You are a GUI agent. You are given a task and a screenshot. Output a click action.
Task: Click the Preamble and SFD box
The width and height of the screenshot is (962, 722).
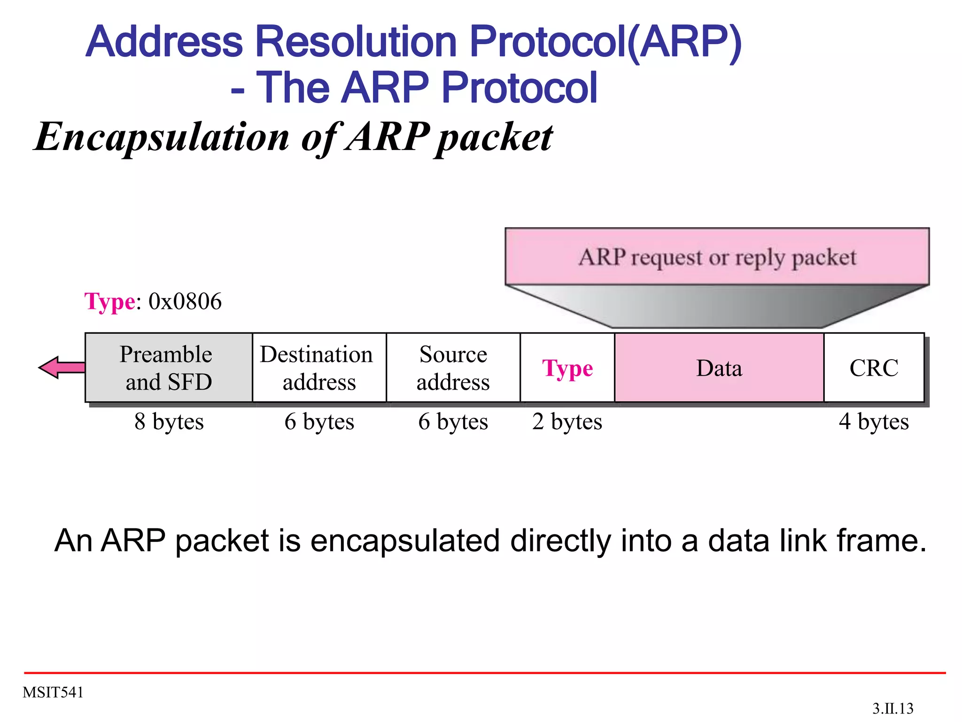[x=168, y=368]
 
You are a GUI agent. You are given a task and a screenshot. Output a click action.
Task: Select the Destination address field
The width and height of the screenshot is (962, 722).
[x=319, y=368]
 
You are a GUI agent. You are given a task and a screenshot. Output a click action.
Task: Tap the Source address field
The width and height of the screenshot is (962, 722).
[x=453, y=368]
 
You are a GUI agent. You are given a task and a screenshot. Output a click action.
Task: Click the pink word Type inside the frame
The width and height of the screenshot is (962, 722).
[x=567, y=369]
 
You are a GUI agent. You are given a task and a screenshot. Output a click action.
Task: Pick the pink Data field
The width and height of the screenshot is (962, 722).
[x=719, y=368]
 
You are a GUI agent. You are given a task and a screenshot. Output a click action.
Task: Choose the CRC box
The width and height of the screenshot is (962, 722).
[x=874, y=368]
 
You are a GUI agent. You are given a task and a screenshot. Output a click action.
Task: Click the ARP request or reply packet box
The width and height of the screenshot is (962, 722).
[x=717, y=257]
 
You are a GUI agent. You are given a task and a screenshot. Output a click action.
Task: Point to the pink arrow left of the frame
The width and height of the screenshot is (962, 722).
[x=61, y=367]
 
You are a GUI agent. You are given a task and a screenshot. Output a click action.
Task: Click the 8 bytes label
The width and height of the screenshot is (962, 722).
[x=169, y=421]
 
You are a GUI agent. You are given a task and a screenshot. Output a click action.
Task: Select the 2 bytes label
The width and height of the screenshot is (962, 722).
[x=567, y=421]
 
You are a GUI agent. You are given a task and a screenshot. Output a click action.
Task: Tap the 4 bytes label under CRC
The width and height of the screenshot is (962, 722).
[x=874, y=421]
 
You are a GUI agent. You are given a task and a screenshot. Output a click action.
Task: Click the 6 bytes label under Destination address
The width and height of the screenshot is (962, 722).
[x=319, y=421]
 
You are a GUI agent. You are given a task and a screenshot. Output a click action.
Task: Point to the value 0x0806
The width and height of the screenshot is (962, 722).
[x=185, y=301]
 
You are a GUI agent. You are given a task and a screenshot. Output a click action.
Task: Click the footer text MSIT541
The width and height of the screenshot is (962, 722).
[x=53, y=692]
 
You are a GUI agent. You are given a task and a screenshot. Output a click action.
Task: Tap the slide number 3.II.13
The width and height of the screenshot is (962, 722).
[x=892, y=708]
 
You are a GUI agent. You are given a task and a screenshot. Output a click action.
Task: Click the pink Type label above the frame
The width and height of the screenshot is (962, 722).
[x=109, y=301]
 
